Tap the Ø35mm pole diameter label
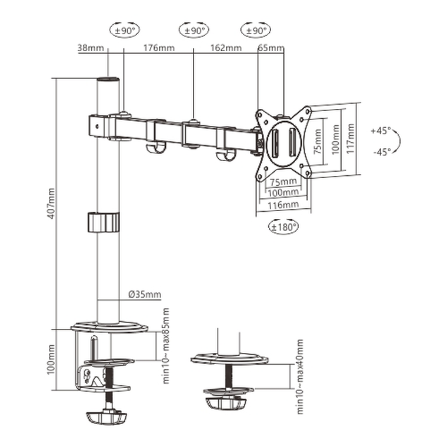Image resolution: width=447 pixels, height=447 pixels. pos(142,295)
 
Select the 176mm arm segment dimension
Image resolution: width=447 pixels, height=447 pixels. pos(158,48)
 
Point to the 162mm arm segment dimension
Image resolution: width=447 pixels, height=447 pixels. pos(226,48)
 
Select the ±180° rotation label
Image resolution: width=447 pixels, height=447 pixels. pos(283,226)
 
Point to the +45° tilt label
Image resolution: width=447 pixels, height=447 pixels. pos(381,131)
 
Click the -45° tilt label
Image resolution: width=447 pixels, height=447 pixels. pos(381,151)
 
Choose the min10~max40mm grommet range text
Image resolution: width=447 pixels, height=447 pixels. pos(301,377)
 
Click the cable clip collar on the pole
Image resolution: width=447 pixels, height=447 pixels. pos(104,222)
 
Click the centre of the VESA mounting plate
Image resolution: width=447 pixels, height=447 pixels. pos(283,143)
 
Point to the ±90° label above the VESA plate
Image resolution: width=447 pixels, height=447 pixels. pos(255,30)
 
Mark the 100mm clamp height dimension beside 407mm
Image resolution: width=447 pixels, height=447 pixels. pos(51,359)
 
